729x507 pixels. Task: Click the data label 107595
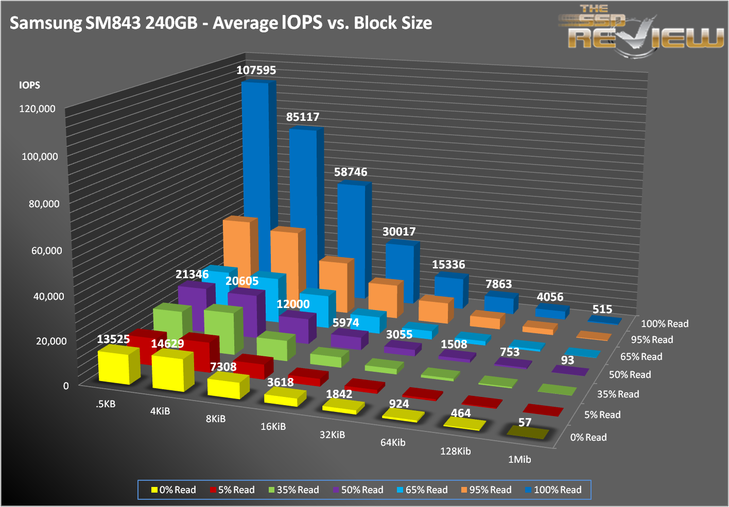[256, 70]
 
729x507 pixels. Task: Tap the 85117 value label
[303, 117]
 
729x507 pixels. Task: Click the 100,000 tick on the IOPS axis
[40, 156]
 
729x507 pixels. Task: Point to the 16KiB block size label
[273, 426]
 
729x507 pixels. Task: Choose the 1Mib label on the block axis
[519, 459]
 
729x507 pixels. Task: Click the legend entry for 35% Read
[294, 490]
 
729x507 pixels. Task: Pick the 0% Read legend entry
[173, 490]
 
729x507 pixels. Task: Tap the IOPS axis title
[29, 85]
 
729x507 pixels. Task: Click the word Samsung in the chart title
[46, 23]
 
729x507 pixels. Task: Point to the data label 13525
[113, 339]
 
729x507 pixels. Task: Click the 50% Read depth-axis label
[630, 375]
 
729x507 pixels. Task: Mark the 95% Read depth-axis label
[652, 340]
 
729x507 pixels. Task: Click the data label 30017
[399, 232]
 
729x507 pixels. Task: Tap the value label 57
[525, 423]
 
